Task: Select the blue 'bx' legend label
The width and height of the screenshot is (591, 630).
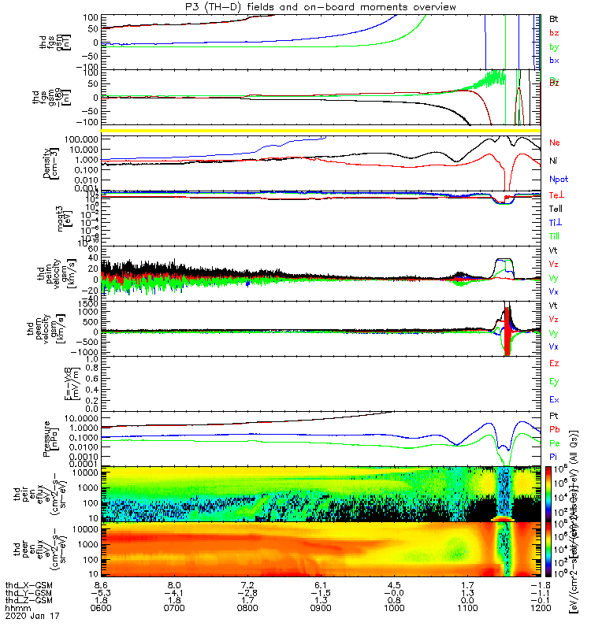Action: coord(554,60)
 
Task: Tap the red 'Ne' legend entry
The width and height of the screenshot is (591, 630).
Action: coord(554,143)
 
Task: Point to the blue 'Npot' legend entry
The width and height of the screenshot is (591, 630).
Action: coord(557,179)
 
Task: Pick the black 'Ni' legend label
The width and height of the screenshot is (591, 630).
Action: coord(553,161)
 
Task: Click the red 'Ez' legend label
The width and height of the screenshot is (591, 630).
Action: coord(554,363)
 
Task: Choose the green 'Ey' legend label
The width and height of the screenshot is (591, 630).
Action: coord(554,381)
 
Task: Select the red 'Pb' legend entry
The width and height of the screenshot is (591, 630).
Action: coord(554,429)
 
